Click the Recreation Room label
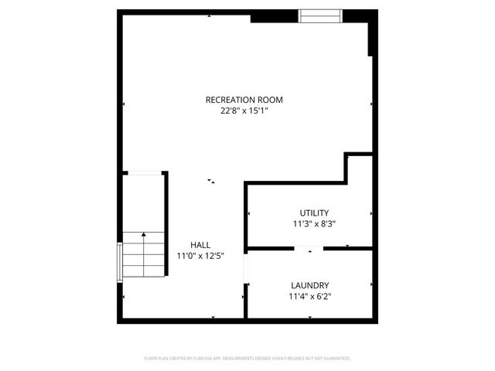coord(244,100)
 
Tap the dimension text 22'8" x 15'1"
coord(244,111)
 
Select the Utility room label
coord(314,213)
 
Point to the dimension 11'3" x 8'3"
coord(314,224)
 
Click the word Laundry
coord(310,284)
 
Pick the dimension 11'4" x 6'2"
coord(310,296)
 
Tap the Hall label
coord(200,244)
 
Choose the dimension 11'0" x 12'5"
coord(200,256)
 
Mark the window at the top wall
coord(321,15)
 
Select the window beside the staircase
coord(119,264)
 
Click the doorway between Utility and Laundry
coord(309,248)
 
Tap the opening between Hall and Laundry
coord(245,270)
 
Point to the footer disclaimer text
coord(247,359)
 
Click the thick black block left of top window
coord(274,16)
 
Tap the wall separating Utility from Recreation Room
coord(294,183)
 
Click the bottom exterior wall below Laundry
coord(309,320)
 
